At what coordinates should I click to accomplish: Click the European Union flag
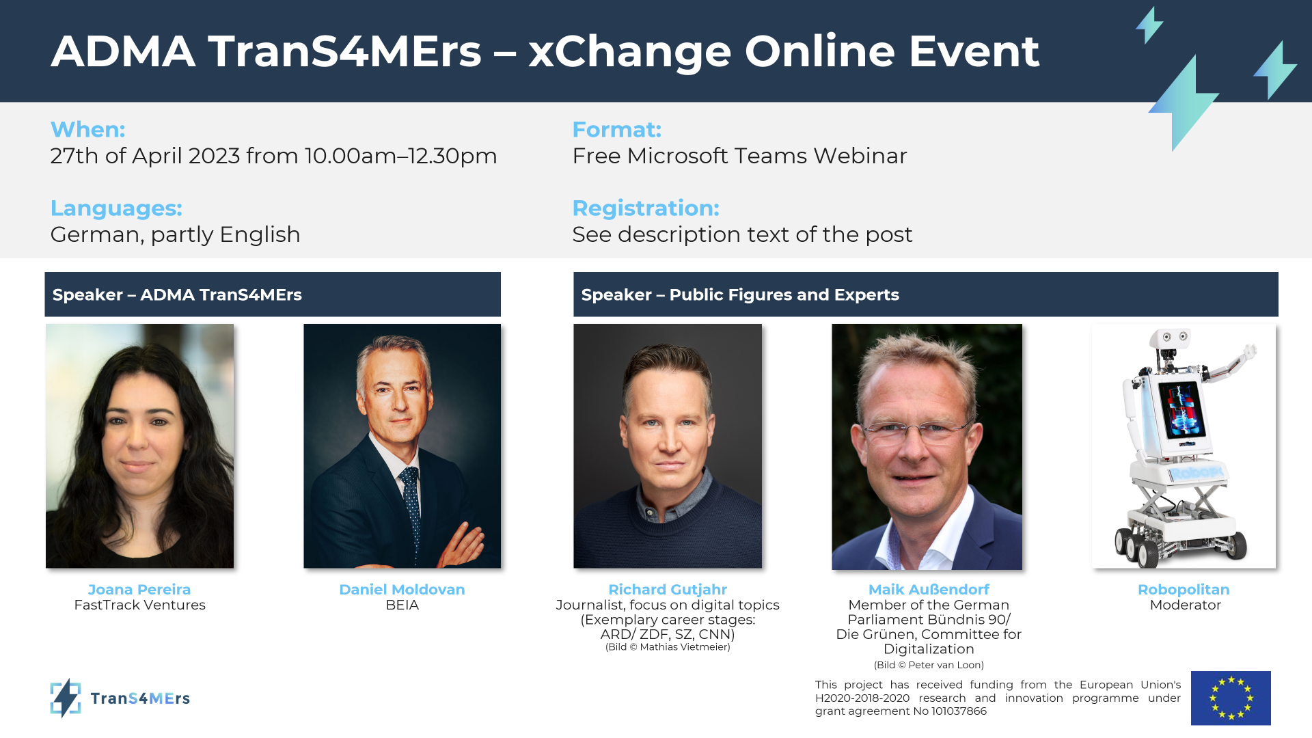click(x=1231, y=698)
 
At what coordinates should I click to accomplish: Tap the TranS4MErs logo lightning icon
click(x=66, y=698)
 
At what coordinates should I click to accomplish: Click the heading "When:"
click(x=87, y=129)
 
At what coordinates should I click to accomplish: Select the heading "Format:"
click(x=616, y=129)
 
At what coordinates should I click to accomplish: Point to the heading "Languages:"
click(x=116, y=208)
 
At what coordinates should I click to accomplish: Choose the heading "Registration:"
click(x=646, y=208)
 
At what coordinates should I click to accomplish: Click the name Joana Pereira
click(x=139, y=589)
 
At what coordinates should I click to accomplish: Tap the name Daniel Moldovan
click(x=402, y=589)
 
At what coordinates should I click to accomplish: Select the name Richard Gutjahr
click(x=668, y=589)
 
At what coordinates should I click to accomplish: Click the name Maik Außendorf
click(x=929, y=589)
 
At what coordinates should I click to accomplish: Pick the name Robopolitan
click(x=1184, y=589)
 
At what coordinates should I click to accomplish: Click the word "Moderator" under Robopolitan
click(x=1185, y=605)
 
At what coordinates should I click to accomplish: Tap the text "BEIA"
click(x=402, y=605)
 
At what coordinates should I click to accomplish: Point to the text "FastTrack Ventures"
click(x=139, y=605)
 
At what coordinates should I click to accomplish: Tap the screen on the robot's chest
click(x=1181, y=411)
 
